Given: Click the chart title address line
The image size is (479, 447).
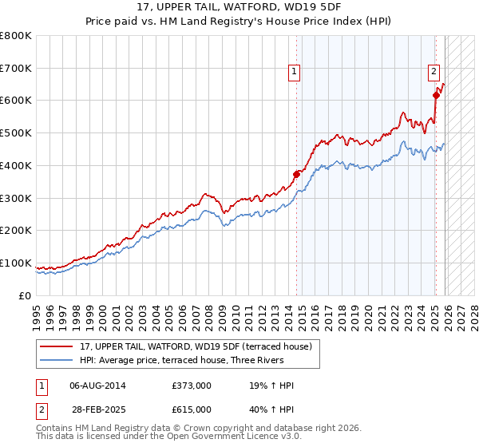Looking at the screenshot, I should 239,9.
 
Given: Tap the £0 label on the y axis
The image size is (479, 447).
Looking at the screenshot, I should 26,296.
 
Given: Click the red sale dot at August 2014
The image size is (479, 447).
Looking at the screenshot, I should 296,174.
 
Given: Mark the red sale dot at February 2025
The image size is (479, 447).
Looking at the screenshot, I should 436,95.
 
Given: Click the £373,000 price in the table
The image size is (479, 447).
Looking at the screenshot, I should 191,386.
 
